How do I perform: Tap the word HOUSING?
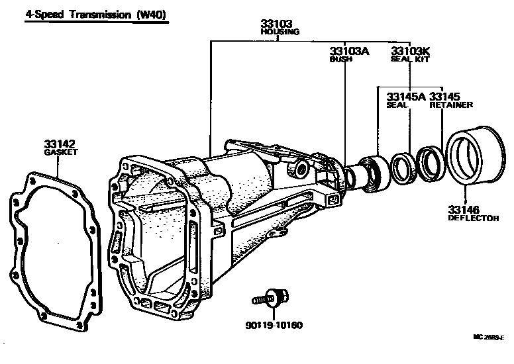tap(281, 32)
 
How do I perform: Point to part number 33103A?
tap(349, 51)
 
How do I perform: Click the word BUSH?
tap(340, 60)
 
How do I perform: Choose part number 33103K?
tap(410, 51)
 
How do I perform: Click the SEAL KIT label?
tap(410, 60)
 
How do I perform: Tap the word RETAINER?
tap(451, 105)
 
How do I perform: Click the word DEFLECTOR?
tap(473, 218)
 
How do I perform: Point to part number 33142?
tap(60, 143)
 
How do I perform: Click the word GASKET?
tap(61, 152)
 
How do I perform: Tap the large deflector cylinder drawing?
tap(472, 161)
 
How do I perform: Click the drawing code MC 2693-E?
tap(488, 355)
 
